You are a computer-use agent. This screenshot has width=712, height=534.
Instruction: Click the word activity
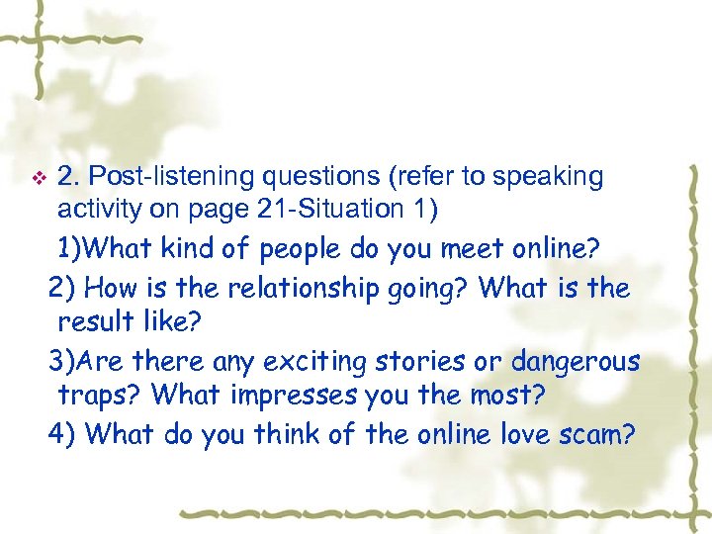click(x=100, y=209)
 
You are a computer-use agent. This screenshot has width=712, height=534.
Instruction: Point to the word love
click(x=522, y=434)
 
